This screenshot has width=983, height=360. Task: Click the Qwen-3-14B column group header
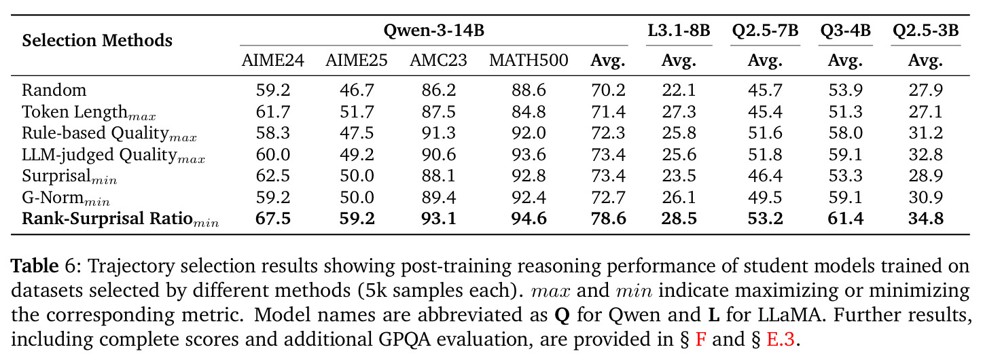tap(433, 31)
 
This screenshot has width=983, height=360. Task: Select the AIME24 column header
tap(272, 60)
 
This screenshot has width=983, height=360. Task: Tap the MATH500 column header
tap(529, 60)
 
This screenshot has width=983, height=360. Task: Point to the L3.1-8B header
tap(679, 31)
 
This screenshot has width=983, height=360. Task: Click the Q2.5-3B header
tap(925, 31)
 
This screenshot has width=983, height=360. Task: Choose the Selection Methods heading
tap(97, 40)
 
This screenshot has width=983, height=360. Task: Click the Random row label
tap(54, 90)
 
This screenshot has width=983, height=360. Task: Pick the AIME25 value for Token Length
tap(357, 111)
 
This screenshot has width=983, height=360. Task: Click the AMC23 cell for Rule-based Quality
tap(438, 132)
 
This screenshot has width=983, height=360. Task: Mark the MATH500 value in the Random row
tap(529, 90)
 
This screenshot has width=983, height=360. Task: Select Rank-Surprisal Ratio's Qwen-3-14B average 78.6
tap(608, 219)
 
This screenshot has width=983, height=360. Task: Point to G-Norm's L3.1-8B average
tap(679, 197)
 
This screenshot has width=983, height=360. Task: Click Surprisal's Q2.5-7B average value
tap(765, 176)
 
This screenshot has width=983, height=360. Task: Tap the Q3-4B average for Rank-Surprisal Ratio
tap(845, 219)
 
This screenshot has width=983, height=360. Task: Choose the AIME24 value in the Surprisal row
tap(272, 176)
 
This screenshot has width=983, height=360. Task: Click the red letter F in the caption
tap(701, 340)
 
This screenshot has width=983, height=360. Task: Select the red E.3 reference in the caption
tap(781, 340)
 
